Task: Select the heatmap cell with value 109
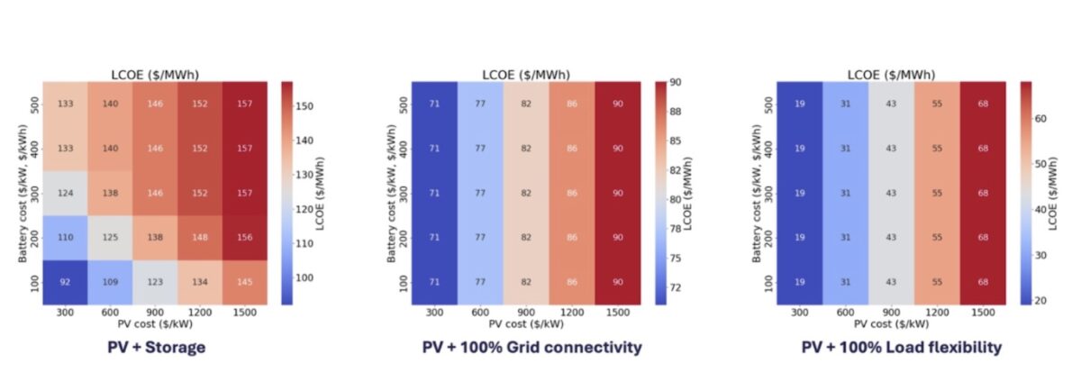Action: tap(111, 283)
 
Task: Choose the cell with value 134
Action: tap(200, 283)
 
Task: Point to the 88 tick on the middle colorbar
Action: tap(674, 111)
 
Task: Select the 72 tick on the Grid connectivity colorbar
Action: tap(674, 287)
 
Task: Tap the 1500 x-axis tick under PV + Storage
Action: tap(245, 313)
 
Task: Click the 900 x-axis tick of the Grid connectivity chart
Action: tap(524, 313)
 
